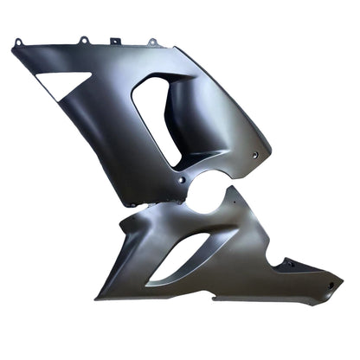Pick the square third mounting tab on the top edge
(114, 42)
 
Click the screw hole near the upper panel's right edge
(256, 153)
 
